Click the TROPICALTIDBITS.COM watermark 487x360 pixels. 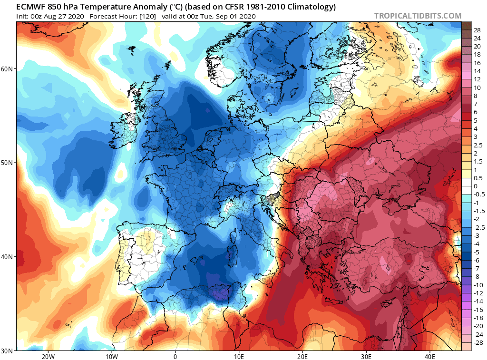tap(418, 16)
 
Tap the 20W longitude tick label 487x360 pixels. tap(48, 356)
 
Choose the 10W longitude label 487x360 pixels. tap(111, 356)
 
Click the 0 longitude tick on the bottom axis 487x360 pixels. tap(175, 356)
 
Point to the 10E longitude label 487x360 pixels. tap(239, 356)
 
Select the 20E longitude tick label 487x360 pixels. tap(302, 356)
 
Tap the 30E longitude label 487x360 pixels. tap(366, 356)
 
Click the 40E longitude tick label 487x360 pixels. tap(429, 356)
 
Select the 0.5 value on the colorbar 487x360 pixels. tap(477, 178)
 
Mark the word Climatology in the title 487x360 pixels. tap(310, 7)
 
